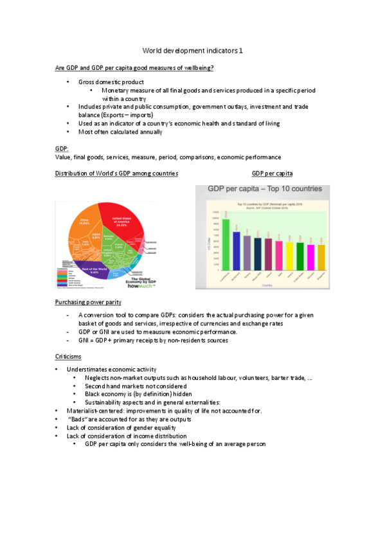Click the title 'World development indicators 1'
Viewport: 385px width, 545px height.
click(x=192, y=50)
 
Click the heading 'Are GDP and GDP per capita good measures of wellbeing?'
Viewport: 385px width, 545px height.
click(x=134, y=67)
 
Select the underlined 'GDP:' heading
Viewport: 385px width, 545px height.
click(x=62, y=148)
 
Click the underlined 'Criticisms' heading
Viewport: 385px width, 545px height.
click(x=68, y=355)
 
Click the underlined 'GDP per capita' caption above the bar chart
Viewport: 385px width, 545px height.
click(x=272, y=174)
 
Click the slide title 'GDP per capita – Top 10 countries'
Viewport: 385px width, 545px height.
click(x=264, y=191)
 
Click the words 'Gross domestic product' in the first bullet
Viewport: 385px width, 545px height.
click(x=111, y=82)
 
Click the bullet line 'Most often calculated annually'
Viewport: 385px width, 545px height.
click(x=120, y=132)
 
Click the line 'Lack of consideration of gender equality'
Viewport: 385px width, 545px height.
click(x=121, y=427)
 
